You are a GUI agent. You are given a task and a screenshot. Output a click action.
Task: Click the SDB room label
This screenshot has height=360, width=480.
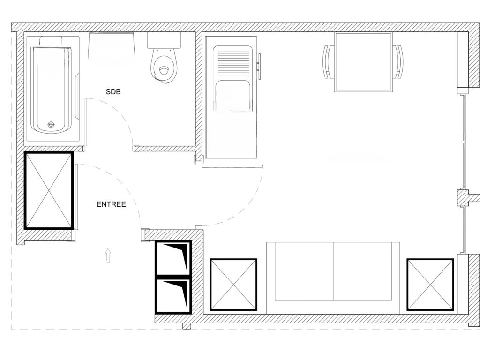point(113,92)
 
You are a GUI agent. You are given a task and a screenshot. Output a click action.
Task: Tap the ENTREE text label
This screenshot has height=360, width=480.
point(111,204)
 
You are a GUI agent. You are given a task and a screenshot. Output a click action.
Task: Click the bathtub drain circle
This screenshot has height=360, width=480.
point(51,124)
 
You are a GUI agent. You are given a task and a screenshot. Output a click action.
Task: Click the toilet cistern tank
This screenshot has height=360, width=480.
point(164,40)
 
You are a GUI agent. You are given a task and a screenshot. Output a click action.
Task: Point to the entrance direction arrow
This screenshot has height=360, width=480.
point(108,255)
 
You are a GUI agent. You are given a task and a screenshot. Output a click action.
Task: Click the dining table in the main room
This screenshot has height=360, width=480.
point(363,62)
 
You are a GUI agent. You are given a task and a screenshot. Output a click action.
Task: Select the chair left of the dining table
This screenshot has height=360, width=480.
point(327,61)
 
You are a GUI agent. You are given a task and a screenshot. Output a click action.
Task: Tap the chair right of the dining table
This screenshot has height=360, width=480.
point(398,61)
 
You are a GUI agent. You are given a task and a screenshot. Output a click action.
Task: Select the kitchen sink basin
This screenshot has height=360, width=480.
point(233,96)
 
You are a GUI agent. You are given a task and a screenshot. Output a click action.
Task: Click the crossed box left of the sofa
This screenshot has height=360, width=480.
point(233,285)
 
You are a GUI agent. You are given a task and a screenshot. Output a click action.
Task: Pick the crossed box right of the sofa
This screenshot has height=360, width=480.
point(430,285)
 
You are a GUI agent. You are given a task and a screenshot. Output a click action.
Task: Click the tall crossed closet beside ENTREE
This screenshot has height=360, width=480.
point(49,190)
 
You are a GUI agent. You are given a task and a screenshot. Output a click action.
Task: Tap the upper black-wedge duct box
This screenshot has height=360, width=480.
point(173,258)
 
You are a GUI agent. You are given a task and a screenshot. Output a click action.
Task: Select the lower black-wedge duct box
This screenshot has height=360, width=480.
point(173,295)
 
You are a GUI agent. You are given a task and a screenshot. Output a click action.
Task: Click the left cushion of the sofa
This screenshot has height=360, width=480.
point(300,272)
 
